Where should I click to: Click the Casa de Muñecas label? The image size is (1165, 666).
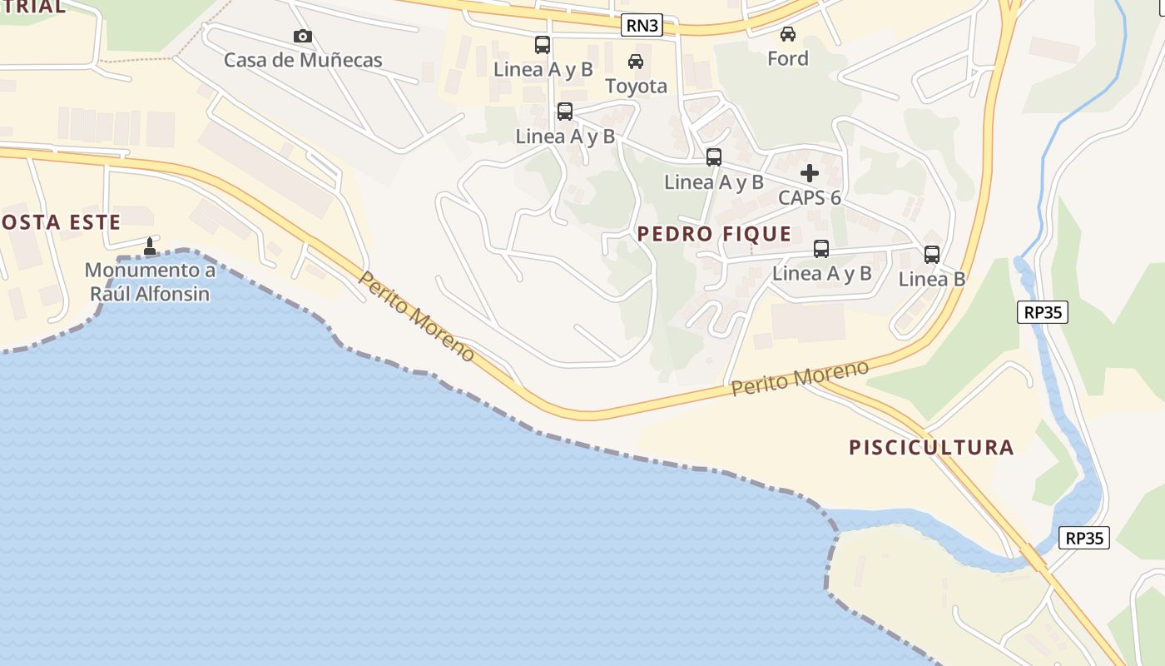point(303,60)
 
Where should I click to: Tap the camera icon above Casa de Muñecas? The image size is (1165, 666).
point(303,36)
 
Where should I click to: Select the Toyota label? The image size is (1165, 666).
point(636,86)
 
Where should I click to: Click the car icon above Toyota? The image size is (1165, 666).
point(636,61)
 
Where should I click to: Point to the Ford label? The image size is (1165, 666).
point(787,58)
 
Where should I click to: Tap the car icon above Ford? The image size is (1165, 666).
point(787,34)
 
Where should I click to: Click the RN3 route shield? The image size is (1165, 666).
point(642,26)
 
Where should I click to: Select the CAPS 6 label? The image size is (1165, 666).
point(809,198)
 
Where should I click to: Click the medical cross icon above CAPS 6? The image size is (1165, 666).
point(809,173)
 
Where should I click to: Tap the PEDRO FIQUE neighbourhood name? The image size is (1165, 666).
point(714,234)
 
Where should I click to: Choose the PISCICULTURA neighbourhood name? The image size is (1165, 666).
point(931,447)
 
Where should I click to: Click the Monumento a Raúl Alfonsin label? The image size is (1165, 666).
point(150,282)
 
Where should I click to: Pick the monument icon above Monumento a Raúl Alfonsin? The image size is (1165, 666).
point(150,246)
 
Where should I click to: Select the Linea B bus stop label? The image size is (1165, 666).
point(931,279)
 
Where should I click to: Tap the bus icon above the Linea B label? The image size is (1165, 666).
point(931,255)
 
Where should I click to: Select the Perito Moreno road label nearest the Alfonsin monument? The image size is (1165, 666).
point(416,316)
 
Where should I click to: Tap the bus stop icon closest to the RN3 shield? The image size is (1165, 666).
point(542,45)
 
